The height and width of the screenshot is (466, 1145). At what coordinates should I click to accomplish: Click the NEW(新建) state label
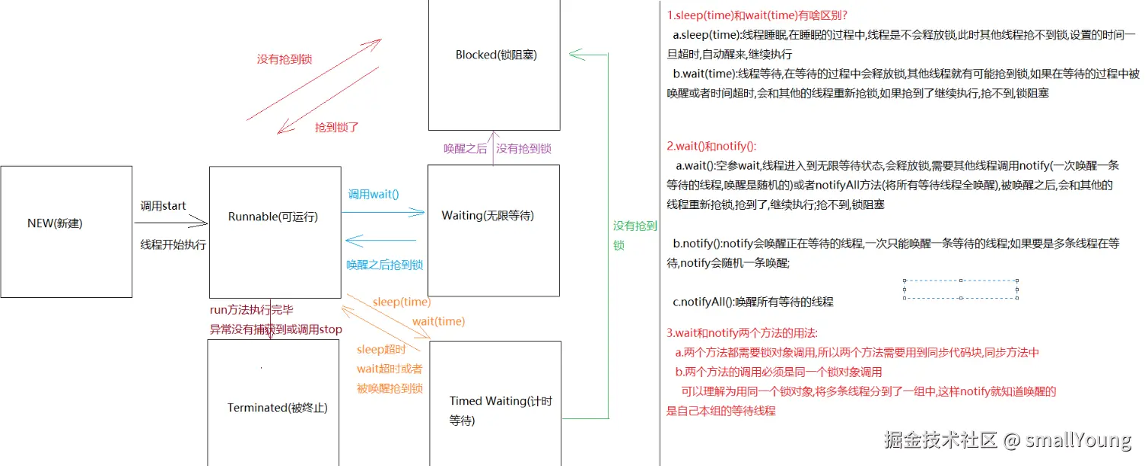coord(55,223)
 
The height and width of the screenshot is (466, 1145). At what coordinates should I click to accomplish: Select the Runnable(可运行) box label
coord(273,217)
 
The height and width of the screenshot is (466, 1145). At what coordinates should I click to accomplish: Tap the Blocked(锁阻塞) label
coord(497,55)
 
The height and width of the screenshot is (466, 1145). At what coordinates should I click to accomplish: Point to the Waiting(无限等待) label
coord(488,215)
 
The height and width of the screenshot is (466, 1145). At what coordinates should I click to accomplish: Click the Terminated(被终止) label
coord(278,407)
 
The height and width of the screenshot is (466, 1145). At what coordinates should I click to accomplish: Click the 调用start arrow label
coord(164,206)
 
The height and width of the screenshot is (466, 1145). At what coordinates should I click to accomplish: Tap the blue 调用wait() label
coord(374,194)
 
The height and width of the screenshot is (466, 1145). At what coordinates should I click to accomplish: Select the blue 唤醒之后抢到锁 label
coord(384,265)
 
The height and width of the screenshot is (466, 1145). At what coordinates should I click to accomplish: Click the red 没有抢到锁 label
coord(285,59)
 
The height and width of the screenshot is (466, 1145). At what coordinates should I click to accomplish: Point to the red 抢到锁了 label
coord(336,128)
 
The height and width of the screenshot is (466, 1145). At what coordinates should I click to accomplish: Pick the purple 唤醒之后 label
coord(466,149)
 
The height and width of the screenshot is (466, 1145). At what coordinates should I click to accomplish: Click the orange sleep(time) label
coord(401,302)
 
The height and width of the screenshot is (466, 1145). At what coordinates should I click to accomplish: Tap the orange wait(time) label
coord(438,322)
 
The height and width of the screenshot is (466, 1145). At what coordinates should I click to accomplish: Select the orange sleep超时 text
coord(381,350)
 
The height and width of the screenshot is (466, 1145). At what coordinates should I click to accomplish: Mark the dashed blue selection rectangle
coord(960,289)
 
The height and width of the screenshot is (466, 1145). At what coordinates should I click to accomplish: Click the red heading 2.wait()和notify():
coord(711,146)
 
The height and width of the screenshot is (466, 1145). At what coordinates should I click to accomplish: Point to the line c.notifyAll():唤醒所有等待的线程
coord(753,302)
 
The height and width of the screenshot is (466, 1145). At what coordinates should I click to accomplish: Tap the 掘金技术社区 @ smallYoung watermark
coord(1007,439)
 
